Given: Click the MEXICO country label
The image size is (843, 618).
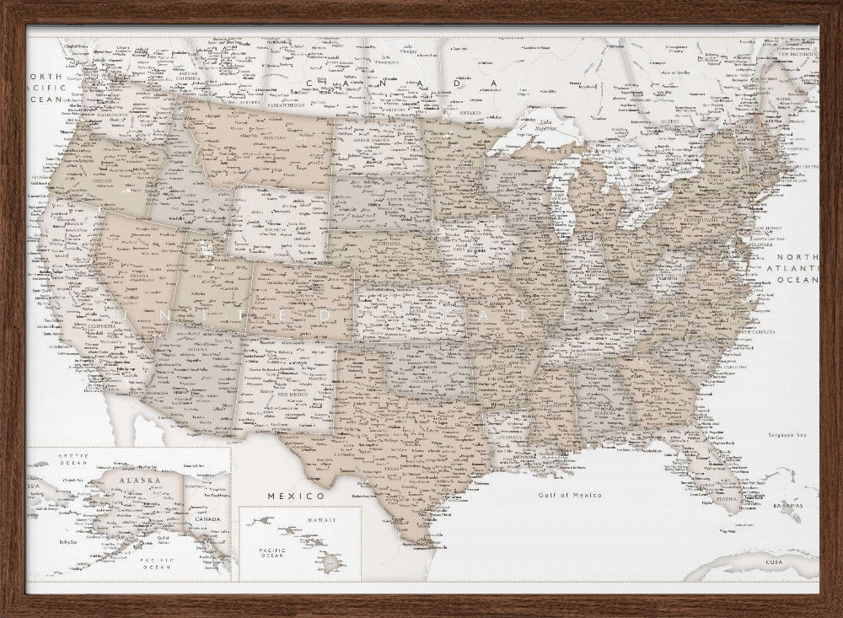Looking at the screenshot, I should pyautogui.click(x=296, y=496).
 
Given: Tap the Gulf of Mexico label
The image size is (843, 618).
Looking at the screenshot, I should pyautogui.click(x=571, y=495).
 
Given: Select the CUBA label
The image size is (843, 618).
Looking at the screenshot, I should pyautogui.click(x=773, y=561).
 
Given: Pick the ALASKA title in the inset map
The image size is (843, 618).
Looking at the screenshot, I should pyautogui.click(x=138, y=480).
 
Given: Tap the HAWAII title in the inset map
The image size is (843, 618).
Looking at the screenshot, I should pyautogui.click(x=321, y=520).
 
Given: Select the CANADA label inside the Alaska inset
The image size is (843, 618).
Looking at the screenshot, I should pyautogui.click(x=207, y=519).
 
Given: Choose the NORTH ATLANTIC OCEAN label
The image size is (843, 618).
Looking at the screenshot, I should pyautogui.click(x=797, y=267).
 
